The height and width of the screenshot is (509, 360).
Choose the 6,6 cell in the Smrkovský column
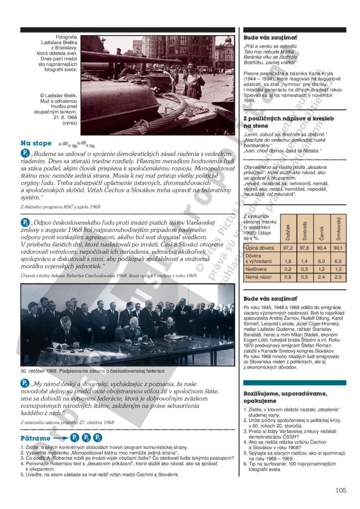[x=337, y=261]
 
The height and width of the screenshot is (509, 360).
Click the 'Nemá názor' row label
[x=258, y=277]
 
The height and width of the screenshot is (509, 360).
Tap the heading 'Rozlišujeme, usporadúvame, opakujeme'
[x=285, y=397]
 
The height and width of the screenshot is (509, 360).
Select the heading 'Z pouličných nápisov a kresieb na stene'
[x=289, y=122]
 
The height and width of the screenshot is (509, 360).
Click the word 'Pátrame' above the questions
[x=36, y=438]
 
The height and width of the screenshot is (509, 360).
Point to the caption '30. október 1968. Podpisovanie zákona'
[x=92, y=371]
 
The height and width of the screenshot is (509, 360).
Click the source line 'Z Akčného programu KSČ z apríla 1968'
[x=60, y=206]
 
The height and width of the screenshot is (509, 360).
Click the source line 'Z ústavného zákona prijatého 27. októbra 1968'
[x=67, y=422]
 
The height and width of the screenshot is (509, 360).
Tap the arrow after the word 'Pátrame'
[x=60, y=438]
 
